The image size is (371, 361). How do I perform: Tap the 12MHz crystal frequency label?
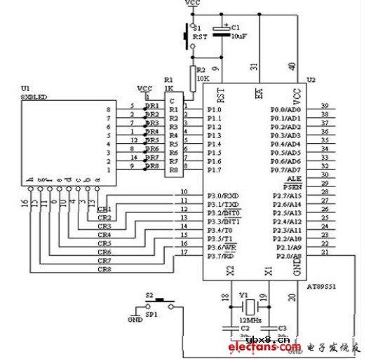(244, 319)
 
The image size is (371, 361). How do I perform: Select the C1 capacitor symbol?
(222, 31)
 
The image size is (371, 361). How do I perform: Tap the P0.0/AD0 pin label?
(287, 109)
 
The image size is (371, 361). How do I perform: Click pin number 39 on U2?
(324, 106)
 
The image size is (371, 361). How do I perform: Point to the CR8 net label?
(104, 269)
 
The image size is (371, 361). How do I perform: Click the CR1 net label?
(104, 209)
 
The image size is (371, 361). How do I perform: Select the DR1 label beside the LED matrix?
(151, 107)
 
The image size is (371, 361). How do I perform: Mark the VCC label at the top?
(191, 4)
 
